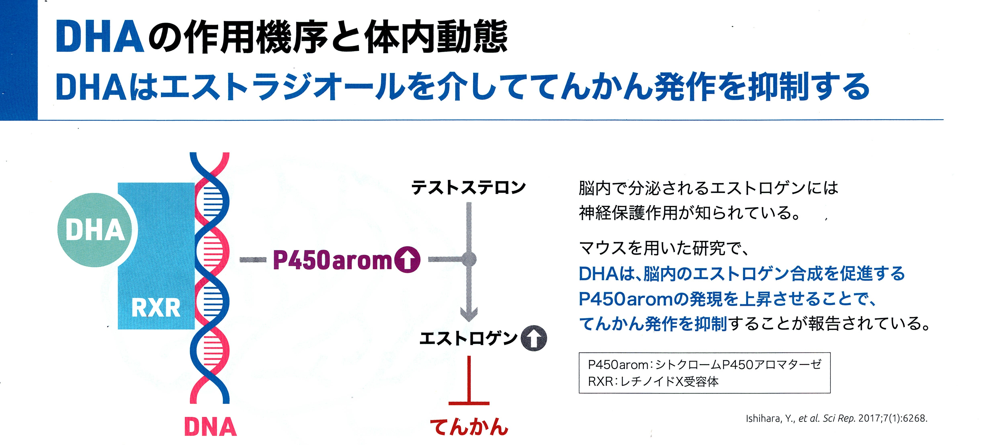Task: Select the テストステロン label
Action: tap(468, 187)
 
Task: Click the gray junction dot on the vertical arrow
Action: tap(468, 259)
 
